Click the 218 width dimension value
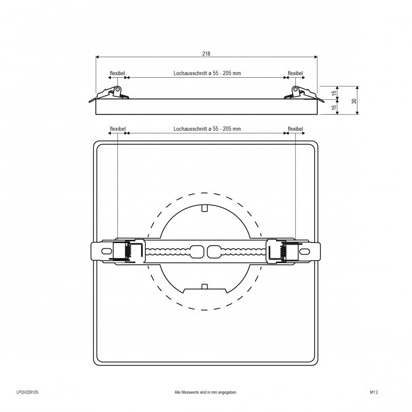tap(207, 54)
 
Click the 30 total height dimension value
tap(354, 101)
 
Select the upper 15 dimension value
tap(334, 93)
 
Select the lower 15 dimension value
tap(334, 107)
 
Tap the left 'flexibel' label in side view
tap(117, 73)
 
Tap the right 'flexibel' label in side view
tap(295, 73)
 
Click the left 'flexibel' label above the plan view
tap(118, 129)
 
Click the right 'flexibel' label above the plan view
tap(295, 129)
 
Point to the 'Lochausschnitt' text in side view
tap(190, 73)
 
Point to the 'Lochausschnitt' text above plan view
tap(190, 129)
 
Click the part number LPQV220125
tap(27, 392)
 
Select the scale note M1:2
tap(374, 392)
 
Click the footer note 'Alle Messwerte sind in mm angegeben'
tap(205, 392)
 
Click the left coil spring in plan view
tap(128, 251)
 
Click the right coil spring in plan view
tap(283, 251)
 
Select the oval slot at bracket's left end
tap(107, 251)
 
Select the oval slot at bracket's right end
tap(304, 251)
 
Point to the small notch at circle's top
tap(204, 208)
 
